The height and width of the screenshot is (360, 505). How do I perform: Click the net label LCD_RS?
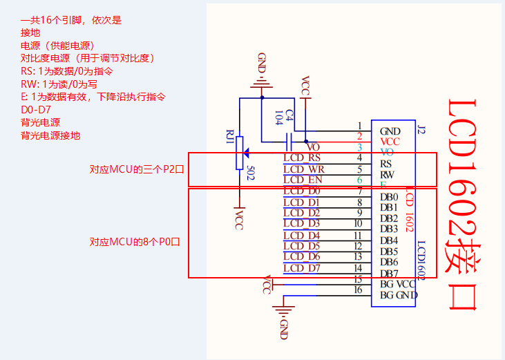pos(302,158)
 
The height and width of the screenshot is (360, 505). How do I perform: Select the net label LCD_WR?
pos(303,169)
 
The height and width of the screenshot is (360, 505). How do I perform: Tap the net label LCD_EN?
pos(303,180)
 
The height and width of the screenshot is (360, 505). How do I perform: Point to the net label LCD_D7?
pos(302,268)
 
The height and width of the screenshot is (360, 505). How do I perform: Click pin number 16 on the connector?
pos(358,290)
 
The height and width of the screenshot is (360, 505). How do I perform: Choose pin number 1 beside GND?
pos(359,126)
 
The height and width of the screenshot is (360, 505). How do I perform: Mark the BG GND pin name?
pos(399,296)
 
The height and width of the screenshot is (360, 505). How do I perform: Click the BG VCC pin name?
pos(398,284)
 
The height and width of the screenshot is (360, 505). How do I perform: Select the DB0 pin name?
pos(389,197)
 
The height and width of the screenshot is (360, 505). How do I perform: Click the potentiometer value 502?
pos(251,173)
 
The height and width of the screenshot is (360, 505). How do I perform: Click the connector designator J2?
pos(421,129)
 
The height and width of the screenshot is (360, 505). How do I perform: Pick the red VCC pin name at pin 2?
pos(390,142)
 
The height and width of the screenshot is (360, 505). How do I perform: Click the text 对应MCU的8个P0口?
pos(135,242)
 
